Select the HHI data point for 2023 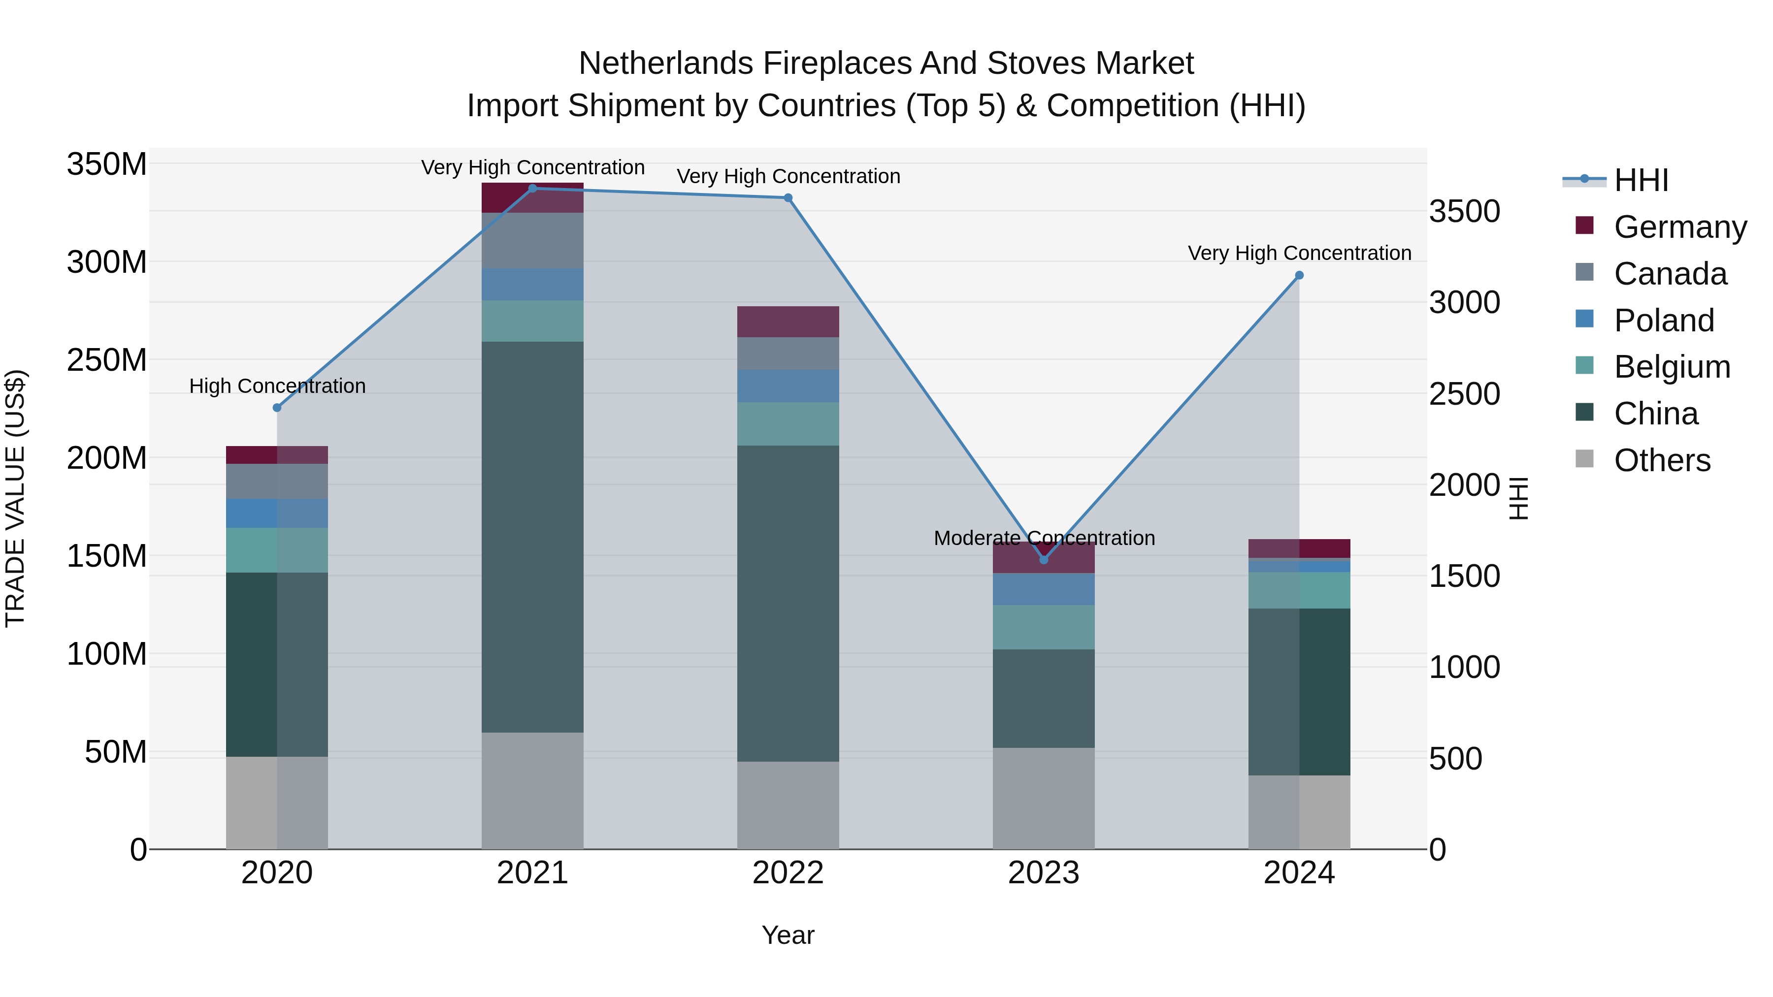(x=1044, y=559)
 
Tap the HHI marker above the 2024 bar (x=1299, y=275)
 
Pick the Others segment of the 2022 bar (x=788, y=805)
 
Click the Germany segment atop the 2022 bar (x=788, y=322)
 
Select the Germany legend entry (x=1679, y=227)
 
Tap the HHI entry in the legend (x=1640, y=180)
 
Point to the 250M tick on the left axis (x=107, y=360)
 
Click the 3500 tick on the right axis (x=1464, y=211)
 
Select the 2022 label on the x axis (x=788, y=873)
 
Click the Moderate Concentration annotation (x=1044, y=538)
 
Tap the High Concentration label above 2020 (x=277, y=386)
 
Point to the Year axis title (x=788, y=935)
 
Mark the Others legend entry (x=1662, y=460)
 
